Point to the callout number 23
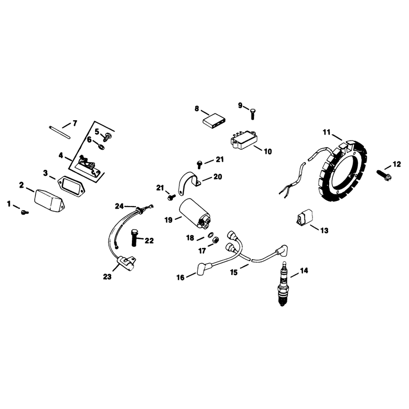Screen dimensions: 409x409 click(107, 277)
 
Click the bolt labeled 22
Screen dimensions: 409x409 click(134, 237)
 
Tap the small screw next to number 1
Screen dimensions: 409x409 click(25, 212)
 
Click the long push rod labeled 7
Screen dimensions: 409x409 click(60, 132)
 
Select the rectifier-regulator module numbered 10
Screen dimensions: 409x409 click(244, 141)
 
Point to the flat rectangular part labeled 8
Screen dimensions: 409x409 click(214, 121)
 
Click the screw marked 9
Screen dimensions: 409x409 click(252, 113)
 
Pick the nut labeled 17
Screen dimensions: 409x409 click(216, 240)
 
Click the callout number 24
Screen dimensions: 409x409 click(119, 207)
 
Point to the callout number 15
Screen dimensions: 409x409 click(234, 272)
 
